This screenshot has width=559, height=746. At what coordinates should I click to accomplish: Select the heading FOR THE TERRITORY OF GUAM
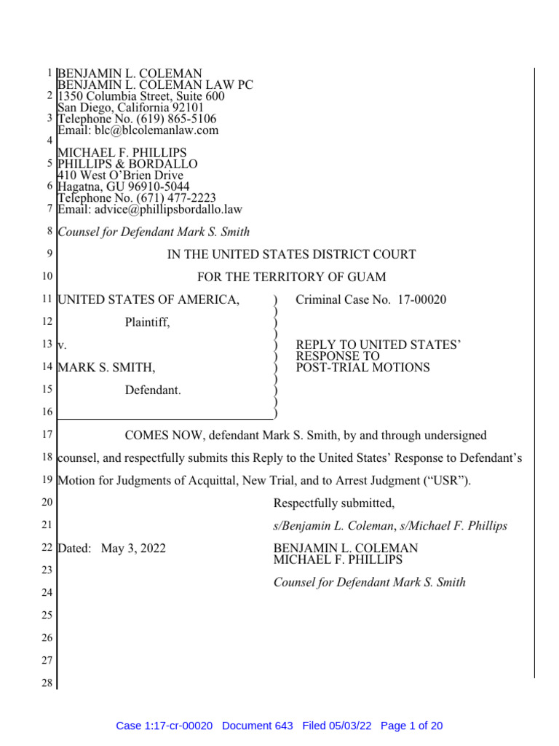click(292, 277)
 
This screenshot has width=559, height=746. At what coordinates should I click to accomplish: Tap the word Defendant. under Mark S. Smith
click(153, 390)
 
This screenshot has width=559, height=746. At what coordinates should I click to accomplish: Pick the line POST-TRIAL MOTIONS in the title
click(362, 367)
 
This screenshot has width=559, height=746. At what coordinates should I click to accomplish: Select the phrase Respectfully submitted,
click(334, 503)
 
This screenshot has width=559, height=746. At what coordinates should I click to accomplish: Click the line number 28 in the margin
click(47, 683)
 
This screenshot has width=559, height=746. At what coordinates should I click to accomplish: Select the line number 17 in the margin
click(47, 436)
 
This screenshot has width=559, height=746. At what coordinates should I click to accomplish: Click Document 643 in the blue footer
click(257, 726)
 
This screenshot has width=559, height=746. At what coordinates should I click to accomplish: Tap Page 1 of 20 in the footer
click(411, 726)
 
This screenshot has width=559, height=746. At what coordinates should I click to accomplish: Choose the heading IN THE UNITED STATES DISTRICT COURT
click(292, 254)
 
